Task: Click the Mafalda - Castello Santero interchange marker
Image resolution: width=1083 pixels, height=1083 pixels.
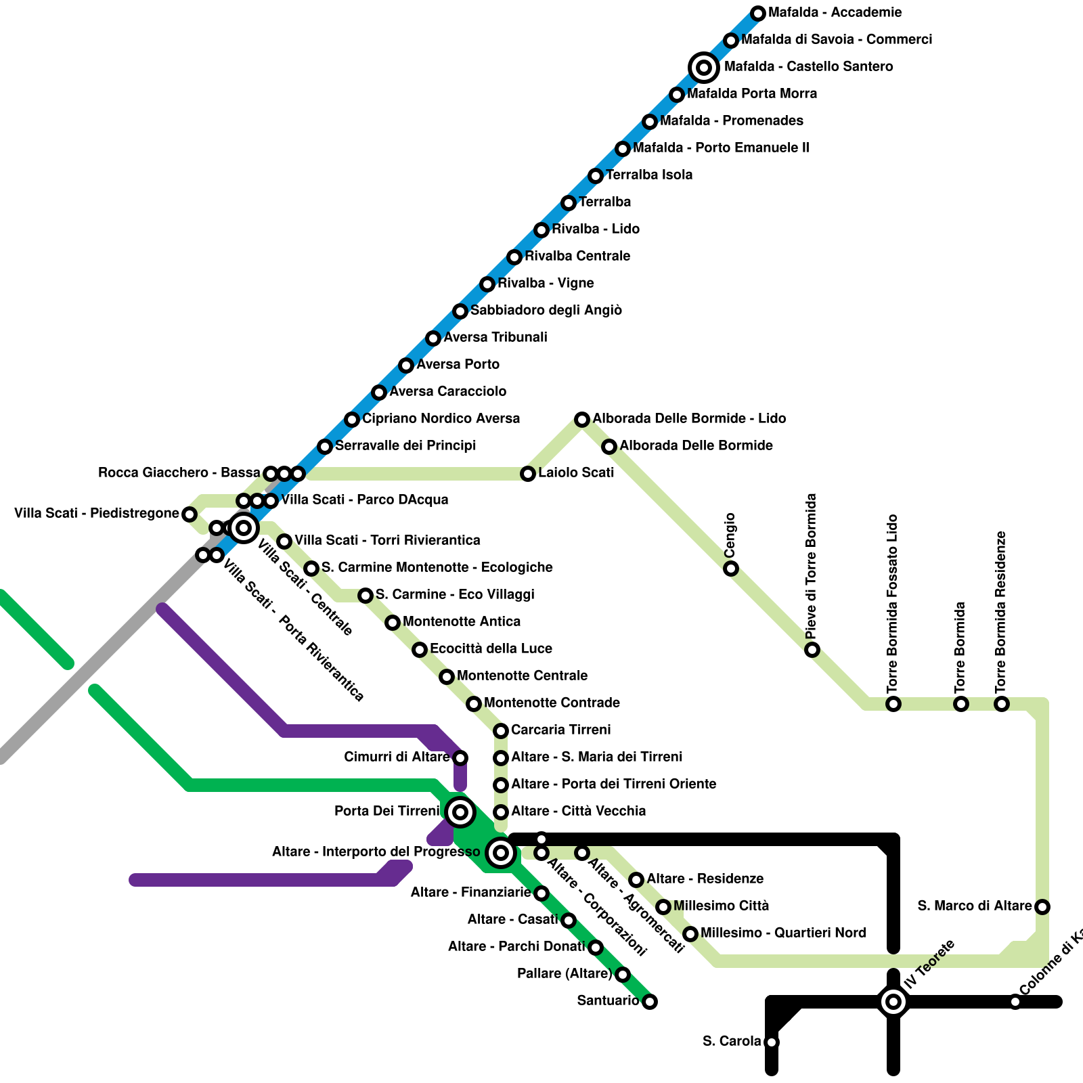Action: click(x=704, y=67)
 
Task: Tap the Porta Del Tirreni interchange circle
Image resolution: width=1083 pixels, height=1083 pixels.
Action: click(x=460, y=812)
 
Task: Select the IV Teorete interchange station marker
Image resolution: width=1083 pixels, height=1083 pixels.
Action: click(x=893, y=1001)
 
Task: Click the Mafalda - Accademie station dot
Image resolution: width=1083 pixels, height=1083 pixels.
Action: click(x=758, y=13)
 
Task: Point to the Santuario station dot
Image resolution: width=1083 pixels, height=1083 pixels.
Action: click(x=650, y=1001)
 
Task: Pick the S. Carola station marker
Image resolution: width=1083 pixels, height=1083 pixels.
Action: click(x=772, y=1042)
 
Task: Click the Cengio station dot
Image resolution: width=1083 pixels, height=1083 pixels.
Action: click(x=731, y=568)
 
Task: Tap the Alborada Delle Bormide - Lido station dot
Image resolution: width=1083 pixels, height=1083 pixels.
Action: click(x=582, y=419)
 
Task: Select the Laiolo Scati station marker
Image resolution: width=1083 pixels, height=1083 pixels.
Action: click(x=528, y=473)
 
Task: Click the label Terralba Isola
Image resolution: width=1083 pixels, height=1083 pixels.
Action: click(x=649, y=175)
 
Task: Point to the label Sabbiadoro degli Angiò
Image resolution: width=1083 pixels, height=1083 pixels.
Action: click(x=546, y=310)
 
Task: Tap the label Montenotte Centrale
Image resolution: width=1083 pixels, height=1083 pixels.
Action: click(x=522, y=676)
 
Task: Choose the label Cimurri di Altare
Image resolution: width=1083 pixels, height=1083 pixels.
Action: click(x=397, y=757)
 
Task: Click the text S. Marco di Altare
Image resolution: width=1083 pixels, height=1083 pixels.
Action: click(x=975, y=906)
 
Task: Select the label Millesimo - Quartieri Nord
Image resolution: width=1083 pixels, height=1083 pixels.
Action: click(x=783, y=933)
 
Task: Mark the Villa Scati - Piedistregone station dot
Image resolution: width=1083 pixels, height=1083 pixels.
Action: click(x=190, y=514)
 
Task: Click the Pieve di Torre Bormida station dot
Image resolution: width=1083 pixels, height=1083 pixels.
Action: click(x=812, y=649)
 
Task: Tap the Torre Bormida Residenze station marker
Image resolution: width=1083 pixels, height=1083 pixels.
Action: click(x=1002, y=703)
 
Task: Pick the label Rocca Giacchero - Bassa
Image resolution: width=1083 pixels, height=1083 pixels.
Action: click(x=179, y=472)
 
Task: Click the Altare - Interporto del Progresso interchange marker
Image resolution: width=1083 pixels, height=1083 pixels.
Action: click(x=501, y=852)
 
